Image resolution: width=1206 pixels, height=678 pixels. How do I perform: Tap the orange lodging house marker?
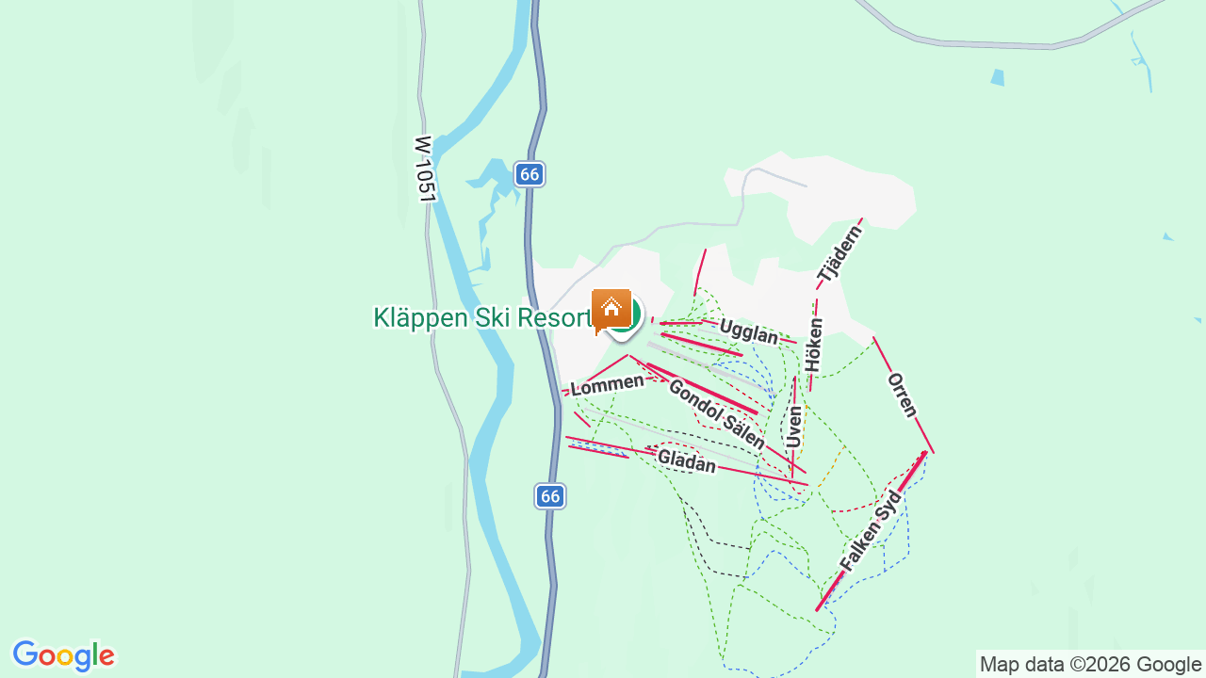(611, 309)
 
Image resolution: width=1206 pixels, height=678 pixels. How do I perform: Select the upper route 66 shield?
(530, 174)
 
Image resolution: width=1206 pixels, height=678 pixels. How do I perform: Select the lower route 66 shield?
(550, 496)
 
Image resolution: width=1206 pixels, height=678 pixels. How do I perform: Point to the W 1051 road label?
(424, 169)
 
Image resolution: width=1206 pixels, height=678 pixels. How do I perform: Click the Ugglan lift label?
(749, 331)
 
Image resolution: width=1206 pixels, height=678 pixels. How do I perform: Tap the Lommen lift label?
(608, 383)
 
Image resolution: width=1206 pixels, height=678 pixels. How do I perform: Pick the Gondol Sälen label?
(716, 413)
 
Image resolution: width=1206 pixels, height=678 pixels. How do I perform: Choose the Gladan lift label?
(687, 460)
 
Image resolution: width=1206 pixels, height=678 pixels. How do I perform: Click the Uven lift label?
(794, 427)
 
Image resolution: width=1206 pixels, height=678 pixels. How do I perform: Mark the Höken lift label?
(814, 345)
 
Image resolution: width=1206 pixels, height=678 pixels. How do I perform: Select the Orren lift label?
(902, 395)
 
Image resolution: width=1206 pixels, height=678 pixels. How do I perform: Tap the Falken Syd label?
(871, 531)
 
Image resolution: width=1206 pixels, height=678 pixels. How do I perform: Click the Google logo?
(63, 655)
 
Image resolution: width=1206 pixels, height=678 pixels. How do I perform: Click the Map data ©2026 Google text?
(1090, 664)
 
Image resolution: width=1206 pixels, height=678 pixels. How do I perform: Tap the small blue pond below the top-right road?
(998, 77)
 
